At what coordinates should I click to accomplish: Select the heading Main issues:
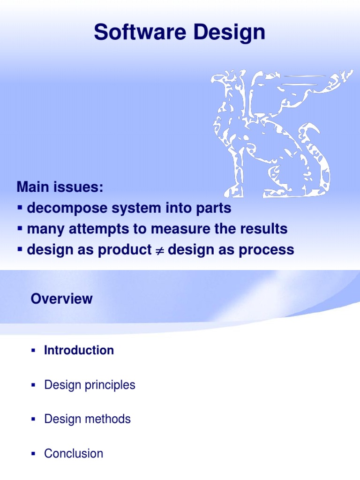click(x=59, y=187)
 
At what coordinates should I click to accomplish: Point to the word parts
click(x=215, y=208)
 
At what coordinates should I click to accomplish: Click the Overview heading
click(x=62, y=299)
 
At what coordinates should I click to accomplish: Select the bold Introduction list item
click(x=79, y=350)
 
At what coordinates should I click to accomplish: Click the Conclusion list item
click(x=74, y=453)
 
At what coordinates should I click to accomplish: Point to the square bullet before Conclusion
click(x=33, y=454)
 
